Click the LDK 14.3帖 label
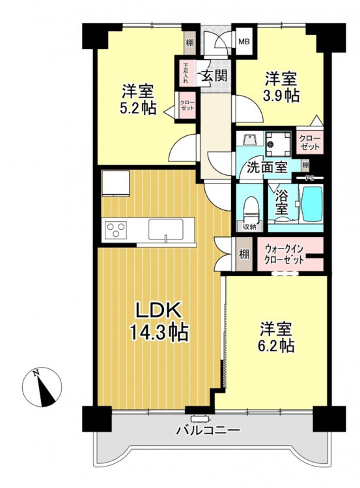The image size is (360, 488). click(x=159, y=323)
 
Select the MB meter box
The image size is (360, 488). click(x=244, y=41)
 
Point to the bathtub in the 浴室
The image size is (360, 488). click(x=311, y=203)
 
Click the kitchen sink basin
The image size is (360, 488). click(x=165, y=230)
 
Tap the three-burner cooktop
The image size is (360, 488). click(x=116, y=230)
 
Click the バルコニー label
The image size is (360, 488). click(x=208, y=431)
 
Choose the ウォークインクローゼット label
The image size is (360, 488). click(x=284, y=254)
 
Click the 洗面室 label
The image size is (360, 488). click(x=267, y=168)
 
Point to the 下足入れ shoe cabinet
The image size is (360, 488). click(x=186, y=74)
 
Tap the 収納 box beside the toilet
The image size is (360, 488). click(x=249, y=226)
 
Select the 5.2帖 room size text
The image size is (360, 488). click(x=138, y=108)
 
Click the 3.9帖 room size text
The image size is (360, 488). click(x=281, y=96)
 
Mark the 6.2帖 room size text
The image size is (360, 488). click(x=277, y=345)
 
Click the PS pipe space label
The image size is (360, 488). click(x=309, y=178)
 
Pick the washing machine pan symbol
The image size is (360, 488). click(x=278, y=144)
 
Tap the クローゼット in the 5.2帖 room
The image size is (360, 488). click(x=187, y=105)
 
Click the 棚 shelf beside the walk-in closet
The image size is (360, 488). click(x=244, y=254)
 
